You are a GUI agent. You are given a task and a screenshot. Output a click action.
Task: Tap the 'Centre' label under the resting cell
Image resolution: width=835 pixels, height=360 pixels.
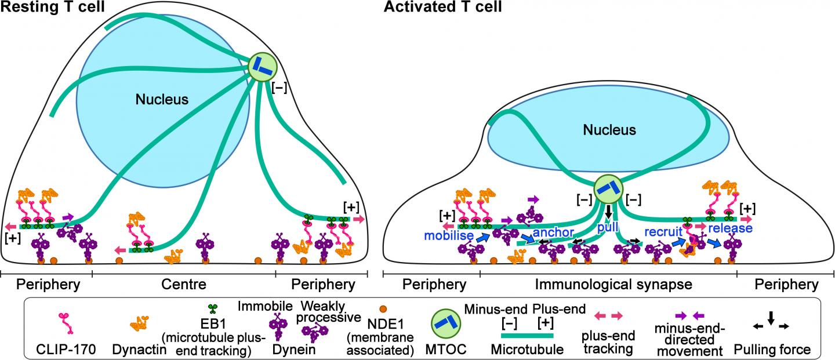click(183, 285)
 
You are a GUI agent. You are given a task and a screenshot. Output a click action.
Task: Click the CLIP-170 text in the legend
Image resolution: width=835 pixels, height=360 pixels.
click(56, 350)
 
